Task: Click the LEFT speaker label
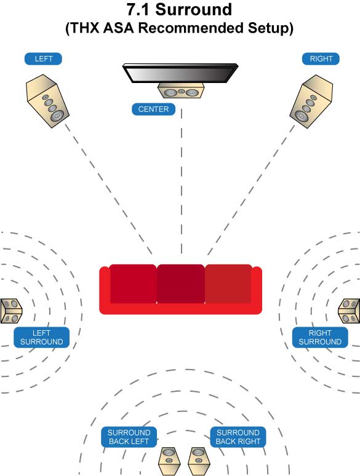(44, 59)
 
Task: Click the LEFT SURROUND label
(41, 337)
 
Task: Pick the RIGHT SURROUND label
(320, 337)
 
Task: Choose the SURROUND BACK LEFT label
(129, 437)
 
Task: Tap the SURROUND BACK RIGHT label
(238, 437)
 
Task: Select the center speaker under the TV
(181, 92)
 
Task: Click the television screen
(180, 73)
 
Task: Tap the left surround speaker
(10, 311)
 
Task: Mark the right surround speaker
(350, 311)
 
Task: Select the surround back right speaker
(198, 461)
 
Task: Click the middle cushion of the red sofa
(181, 284)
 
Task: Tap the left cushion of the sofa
(133, 284)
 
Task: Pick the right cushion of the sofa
(228, 284)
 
